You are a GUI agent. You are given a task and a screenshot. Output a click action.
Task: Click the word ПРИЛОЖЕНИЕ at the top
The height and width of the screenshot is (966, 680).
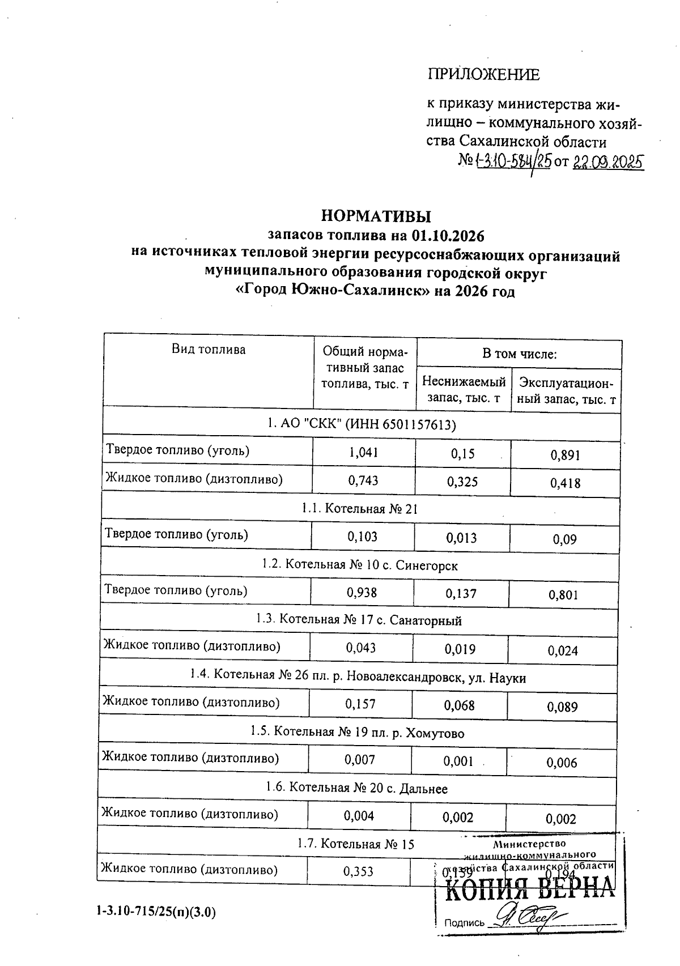(x=483, y=74)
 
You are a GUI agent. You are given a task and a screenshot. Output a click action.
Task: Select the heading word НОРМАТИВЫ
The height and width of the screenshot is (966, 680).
(x=376, y=216)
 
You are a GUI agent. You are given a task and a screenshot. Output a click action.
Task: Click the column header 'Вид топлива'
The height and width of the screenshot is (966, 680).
(x=209, y=349)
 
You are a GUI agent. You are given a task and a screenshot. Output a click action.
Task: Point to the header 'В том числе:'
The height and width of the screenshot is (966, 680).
(x=519, y=355)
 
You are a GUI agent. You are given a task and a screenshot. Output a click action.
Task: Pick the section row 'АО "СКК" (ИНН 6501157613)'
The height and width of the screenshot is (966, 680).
(x=361, y=424)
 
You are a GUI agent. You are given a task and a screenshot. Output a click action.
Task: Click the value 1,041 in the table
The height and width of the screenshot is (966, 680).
(x=363, y=453)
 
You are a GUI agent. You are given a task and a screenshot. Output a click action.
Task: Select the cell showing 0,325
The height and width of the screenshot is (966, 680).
(x=462, y=482)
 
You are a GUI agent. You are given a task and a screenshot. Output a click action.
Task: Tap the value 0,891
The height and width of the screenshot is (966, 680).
(x=566, y=455)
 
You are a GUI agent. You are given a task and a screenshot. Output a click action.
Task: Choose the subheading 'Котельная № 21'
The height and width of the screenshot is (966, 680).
(x=360, y=509)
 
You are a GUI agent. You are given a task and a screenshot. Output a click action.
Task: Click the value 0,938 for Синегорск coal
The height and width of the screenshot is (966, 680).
(x=362, y=593)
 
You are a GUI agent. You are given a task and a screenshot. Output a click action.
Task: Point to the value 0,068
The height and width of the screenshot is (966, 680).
(x=460, y=705)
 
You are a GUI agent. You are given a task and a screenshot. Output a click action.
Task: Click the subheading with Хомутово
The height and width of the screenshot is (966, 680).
(x=357, y=733)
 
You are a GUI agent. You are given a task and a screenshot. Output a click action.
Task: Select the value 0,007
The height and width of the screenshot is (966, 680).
(x=360, y=760)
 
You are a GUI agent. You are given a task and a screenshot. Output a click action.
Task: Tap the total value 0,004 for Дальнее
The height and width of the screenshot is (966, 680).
(x=359, y=816)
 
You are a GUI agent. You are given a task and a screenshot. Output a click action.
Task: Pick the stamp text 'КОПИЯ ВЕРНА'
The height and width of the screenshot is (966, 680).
(x=529, y=891)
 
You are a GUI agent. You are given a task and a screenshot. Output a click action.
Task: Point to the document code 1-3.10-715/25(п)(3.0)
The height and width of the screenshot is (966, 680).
(x=156, y=912)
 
